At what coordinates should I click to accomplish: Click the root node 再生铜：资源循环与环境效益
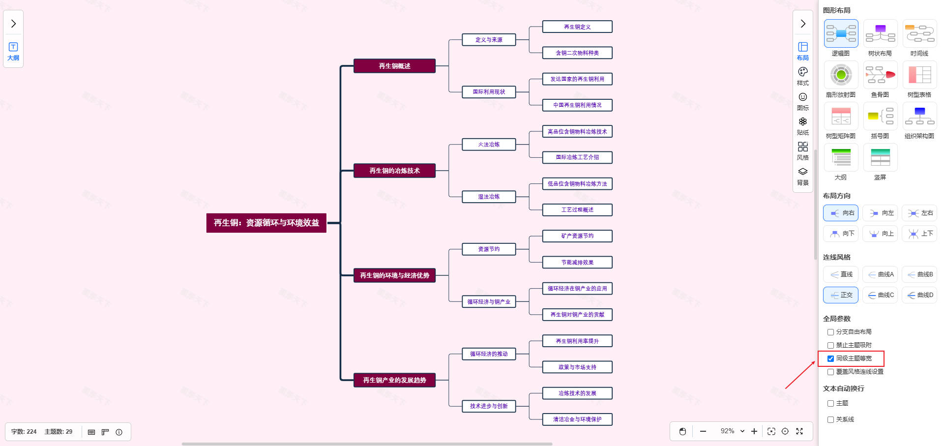tap(266, 223)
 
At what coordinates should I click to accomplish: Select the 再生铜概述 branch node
tap(394, 66)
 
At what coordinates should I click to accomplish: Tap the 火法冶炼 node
tap(489, 145)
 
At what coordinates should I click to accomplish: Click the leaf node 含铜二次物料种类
tap(577, 53)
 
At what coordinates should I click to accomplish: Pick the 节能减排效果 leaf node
tap(577, 262)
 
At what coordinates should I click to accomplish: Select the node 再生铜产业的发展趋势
tap(394, 380)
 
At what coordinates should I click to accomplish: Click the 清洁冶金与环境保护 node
tap(577, 419)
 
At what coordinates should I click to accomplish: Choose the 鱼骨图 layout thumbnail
tap(880, 75)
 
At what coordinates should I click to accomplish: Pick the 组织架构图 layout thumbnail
tap(919, 117)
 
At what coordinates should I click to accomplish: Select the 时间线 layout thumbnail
tap(919, 34)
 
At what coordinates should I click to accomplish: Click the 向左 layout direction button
tap(880, 213)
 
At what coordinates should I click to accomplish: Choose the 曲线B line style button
tap(919, 274)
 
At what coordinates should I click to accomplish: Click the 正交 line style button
tap(841, 295)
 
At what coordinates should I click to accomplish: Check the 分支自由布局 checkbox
tap(830, 332)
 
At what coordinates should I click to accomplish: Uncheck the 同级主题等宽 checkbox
tap(830, 358)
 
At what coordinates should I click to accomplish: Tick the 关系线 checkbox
tap(830, 419)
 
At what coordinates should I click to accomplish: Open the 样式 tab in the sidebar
tap(802, 76)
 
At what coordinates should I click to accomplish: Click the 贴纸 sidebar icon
tap(802, 125)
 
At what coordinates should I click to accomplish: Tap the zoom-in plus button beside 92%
tap(754, 431)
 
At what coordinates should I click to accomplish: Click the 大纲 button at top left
tap(13, 51)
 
